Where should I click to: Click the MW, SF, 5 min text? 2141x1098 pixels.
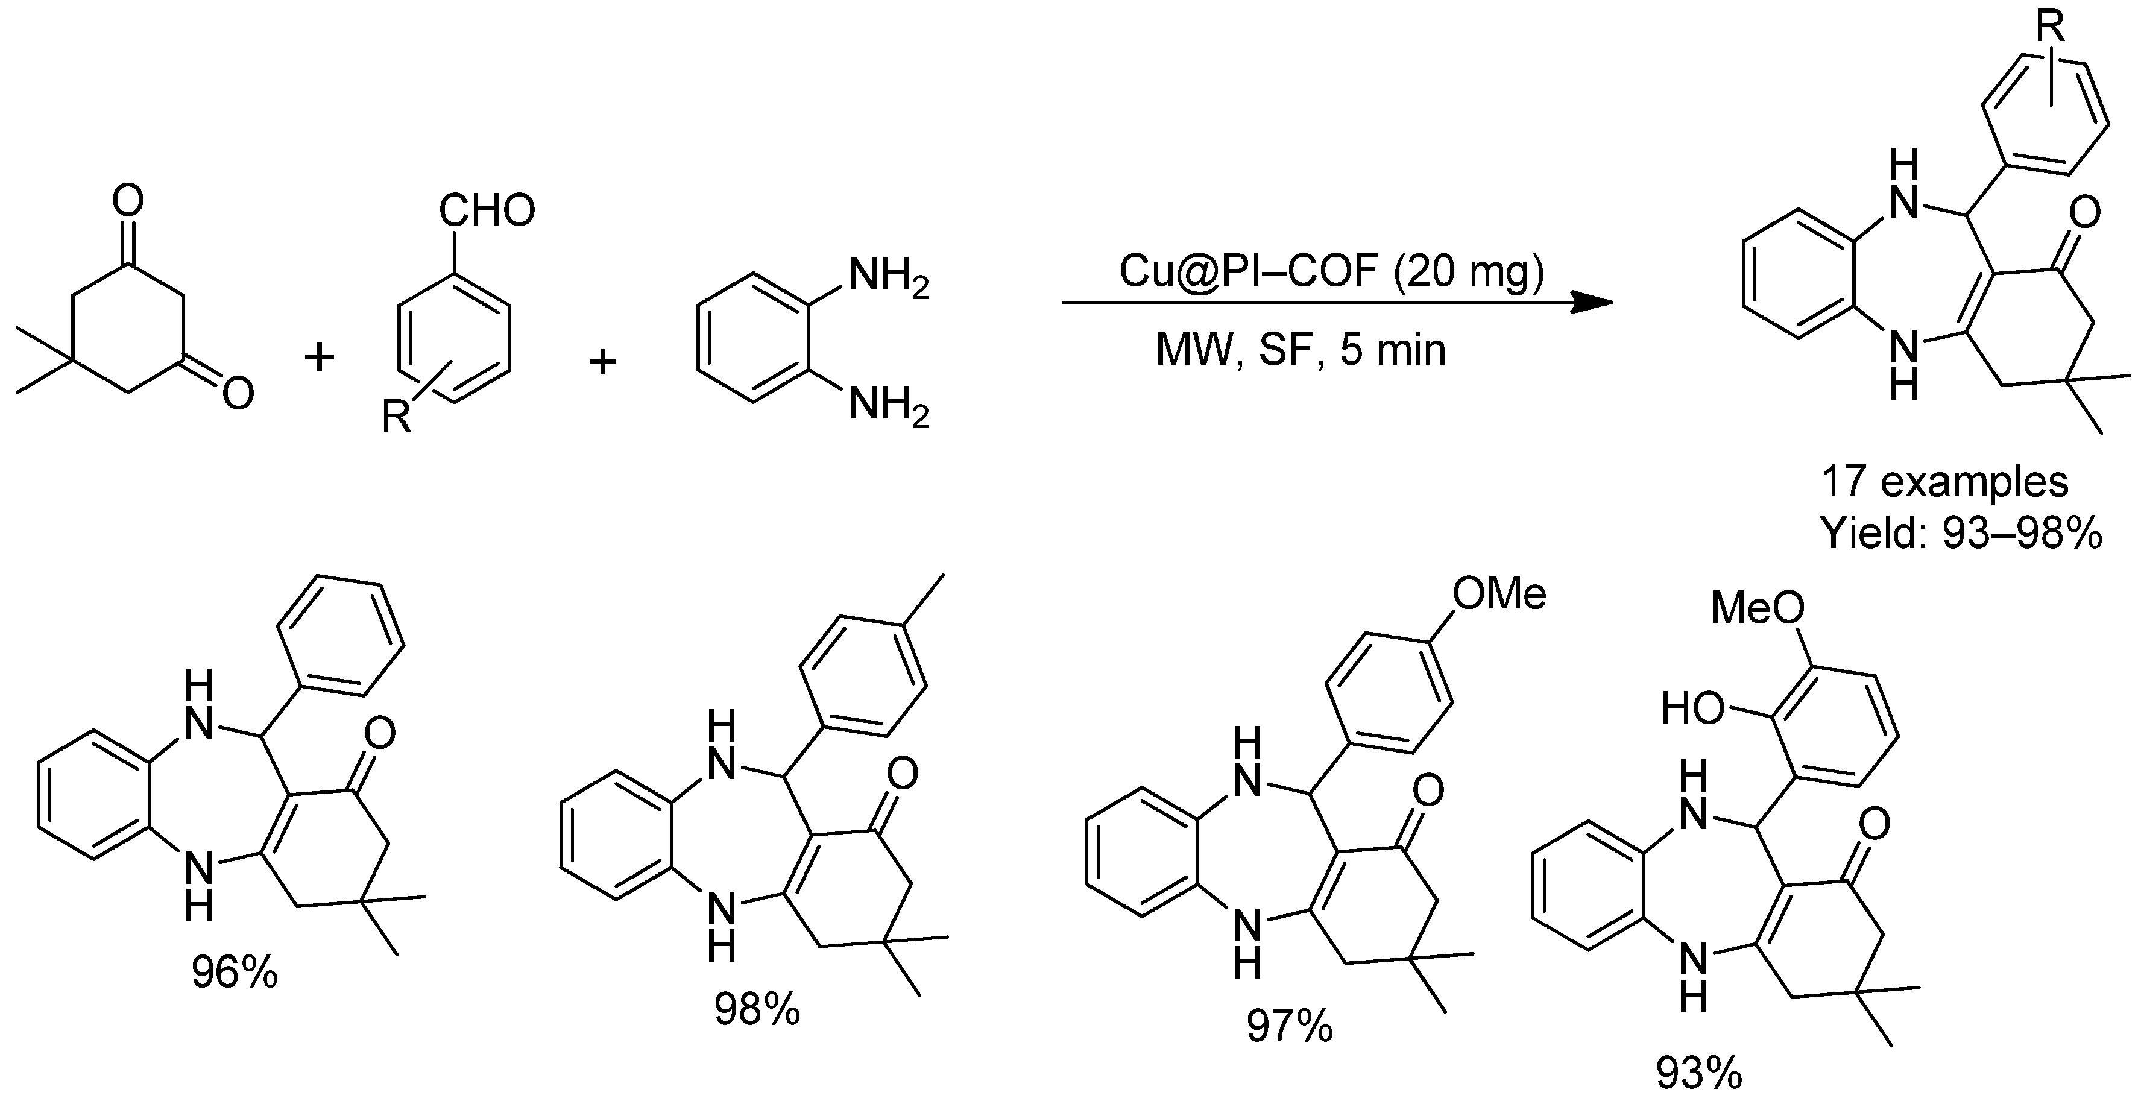click(x=1301, y=350)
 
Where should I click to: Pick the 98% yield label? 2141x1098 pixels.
click(x=756, y=1009)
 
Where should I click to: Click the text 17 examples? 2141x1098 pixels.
click(x=1945, y=482)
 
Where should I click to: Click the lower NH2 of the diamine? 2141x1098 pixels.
click(x=888, y=407)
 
